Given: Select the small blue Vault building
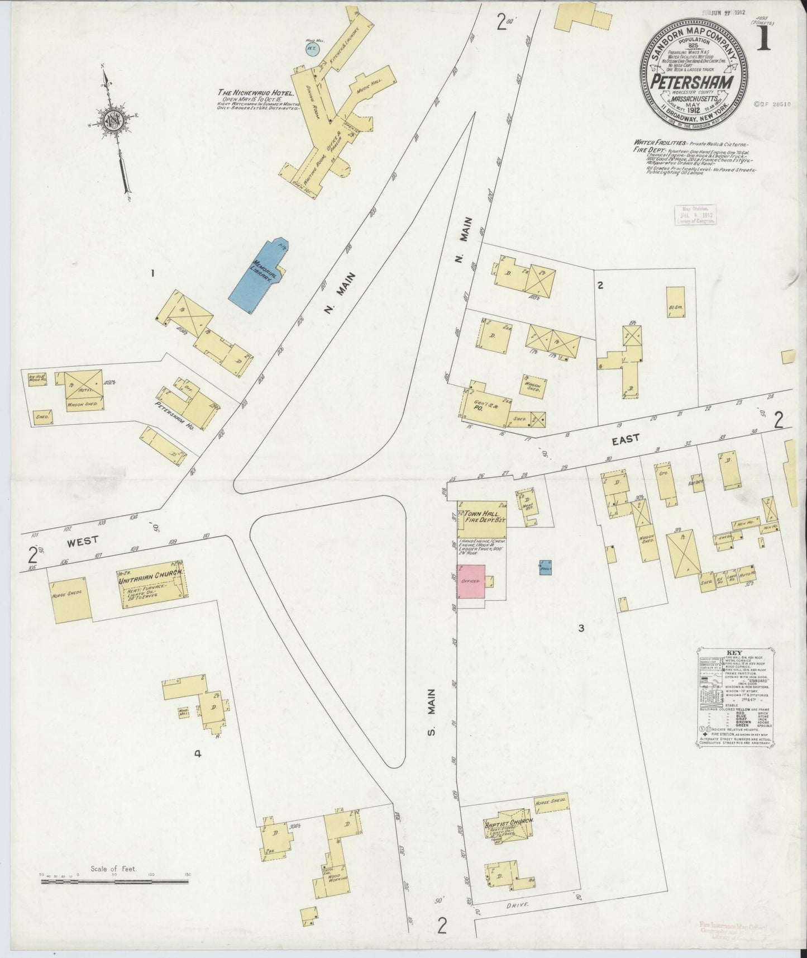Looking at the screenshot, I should (546, 567).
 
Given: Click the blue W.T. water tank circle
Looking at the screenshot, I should (311, 49).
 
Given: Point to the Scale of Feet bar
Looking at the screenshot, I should (114, 898).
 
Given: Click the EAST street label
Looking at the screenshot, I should (625, 439).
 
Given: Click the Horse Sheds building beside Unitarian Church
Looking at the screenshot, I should (71, 599).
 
